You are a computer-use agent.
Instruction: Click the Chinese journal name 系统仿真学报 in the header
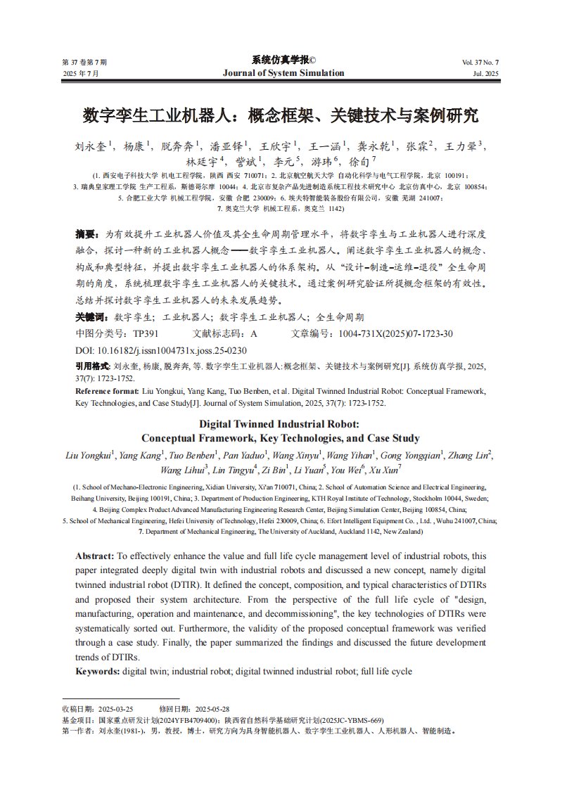tap(280, 60)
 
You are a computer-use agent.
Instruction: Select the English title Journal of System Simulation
tap(283, 73)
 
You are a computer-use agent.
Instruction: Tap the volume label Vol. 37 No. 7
tap(480, 63)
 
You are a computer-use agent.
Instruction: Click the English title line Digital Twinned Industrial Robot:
tap(279, 424)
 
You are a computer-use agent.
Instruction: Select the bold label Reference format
tap(106, 390)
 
